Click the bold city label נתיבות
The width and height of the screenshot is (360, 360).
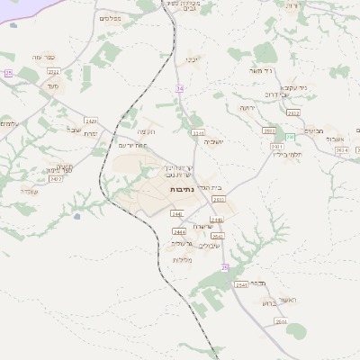tap(180, 190)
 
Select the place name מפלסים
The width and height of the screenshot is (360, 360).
tap(110, 17)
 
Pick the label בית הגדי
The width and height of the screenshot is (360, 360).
tap(210, 187)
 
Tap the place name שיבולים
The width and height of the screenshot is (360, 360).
tap(209, 245)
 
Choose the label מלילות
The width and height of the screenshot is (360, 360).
tap(184, 259)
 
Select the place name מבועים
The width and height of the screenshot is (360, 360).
tap(312, 130)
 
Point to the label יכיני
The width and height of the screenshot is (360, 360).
tap(192, 60)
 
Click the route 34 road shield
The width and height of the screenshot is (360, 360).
tap(180, 88)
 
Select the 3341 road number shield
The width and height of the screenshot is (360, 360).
tap(198, 133)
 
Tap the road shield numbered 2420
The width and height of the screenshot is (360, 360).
tap(91, 120)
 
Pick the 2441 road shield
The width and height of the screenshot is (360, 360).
tap(176, 213)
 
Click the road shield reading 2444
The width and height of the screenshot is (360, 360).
tap(179, 231)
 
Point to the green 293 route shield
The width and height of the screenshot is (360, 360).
tap(290, 135)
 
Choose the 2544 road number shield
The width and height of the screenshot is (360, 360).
tap(282, 320)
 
